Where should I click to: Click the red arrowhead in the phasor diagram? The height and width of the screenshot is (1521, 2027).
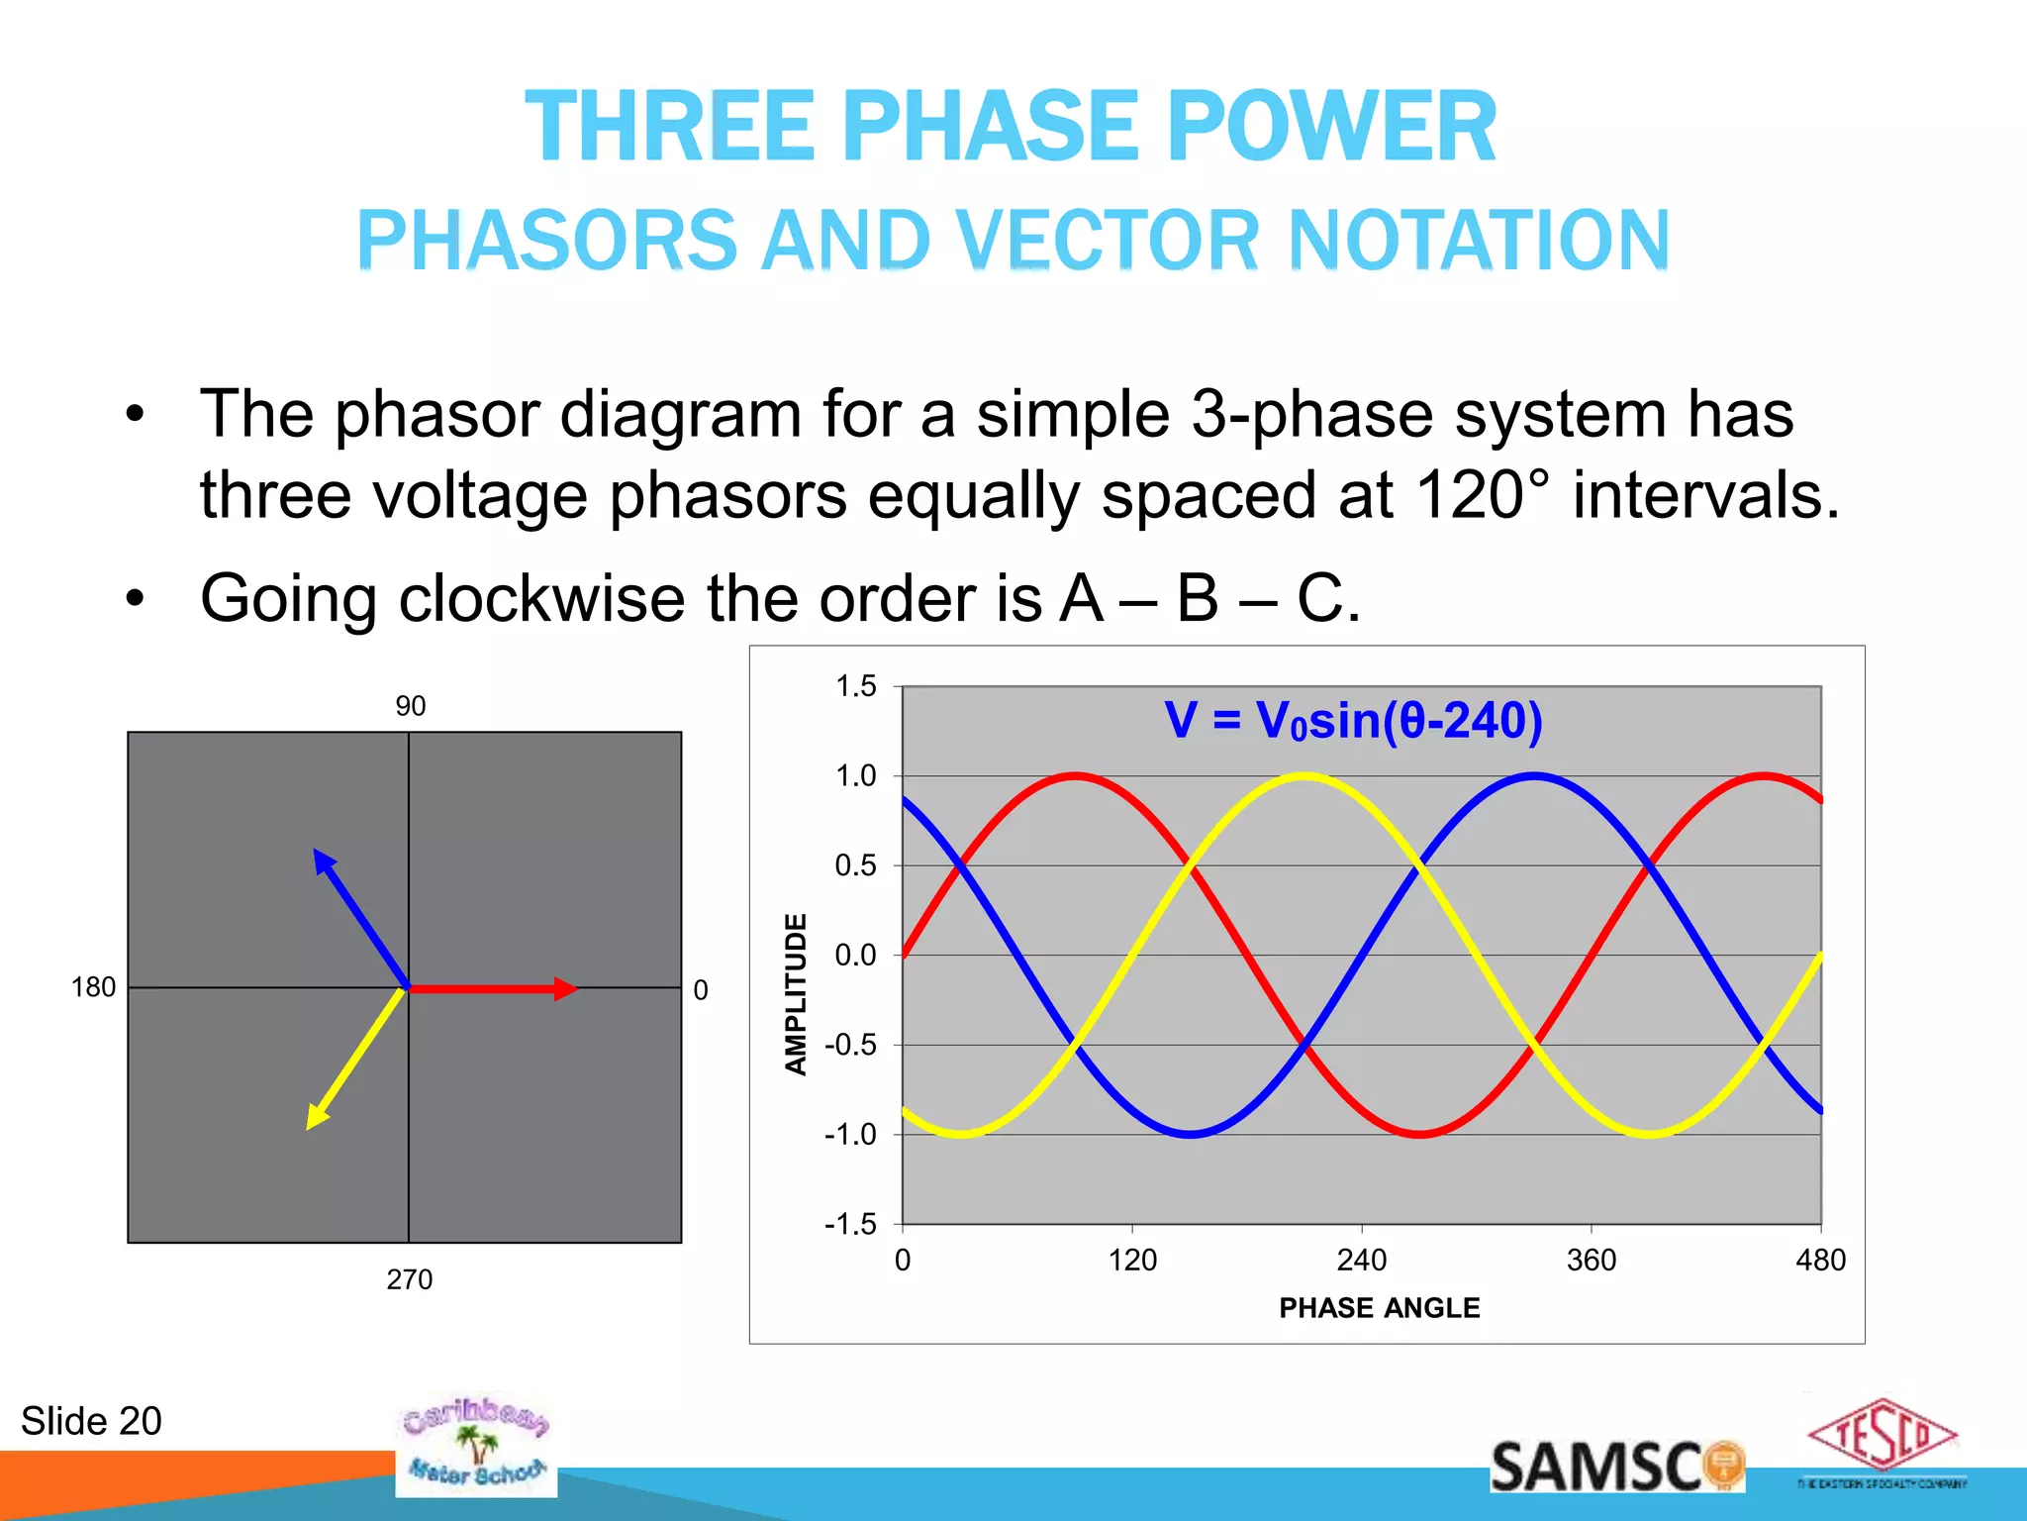[565, 988]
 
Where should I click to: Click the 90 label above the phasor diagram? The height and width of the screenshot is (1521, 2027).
[410, 706]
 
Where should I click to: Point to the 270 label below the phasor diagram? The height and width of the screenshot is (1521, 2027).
[410, 1279]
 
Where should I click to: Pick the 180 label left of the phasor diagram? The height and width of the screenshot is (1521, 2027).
[93, 987]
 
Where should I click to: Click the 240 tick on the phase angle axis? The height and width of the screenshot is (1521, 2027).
[1362, 1260]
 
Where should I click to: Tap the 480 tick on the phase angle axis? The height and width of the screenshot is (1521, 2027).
[1820, 1260]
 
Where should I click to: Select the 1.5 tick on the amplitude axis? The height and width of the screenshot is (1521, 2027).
[856, 686]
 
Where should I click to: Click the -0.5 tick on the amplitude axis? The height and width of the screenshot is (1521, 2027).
[851, 1045]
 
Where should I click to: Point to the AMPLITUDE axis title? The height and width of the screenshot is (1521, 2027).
[797, 993]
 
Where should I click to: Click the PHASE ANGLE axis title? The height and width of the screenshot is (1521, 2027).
[1380, 1308]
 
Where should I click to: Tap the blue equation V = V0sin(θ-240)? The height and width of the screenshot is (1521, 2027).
[1353, 721]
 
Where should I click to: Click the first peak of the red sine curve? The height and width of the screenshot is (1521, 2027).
[1075, 776]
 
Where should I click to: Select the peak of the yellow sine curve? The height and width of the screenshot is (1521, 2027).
[1304, 776]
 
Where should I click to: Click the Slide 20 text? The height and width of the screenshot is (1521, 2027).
[91, 1421]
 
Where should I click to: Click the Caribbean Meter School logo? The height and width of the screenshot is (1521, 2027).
[475, 1444]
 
